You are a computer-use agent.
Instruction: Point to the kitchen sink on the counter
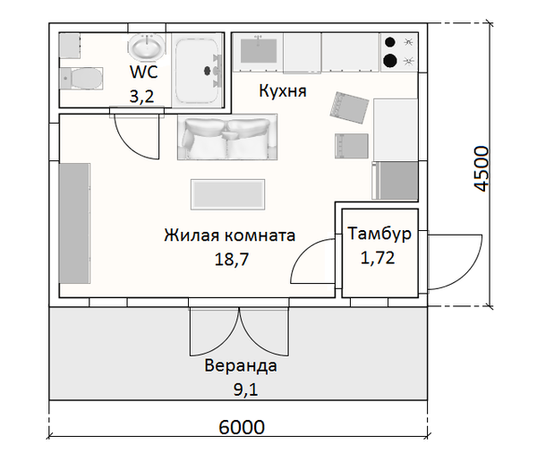(259, 53)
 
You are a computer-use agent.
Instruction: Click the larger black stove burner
(391, 61)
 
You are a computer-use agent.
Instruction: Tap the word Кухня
(283, 91)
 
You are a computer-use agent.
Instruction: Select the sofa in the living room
(227, 138)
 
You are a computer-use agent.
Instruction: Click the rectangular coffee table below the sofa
(227, 192)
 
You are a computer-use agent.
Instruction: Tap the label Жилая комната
(230, 236)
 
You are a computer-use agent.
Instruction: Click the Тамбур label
(379, 235)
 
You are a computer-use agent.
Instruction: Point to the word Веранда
(241, 366)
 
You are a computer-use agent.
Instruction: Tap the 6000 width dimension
(242, 428)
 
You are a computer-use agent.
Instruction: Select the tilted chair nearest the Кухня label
(349, 107)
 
